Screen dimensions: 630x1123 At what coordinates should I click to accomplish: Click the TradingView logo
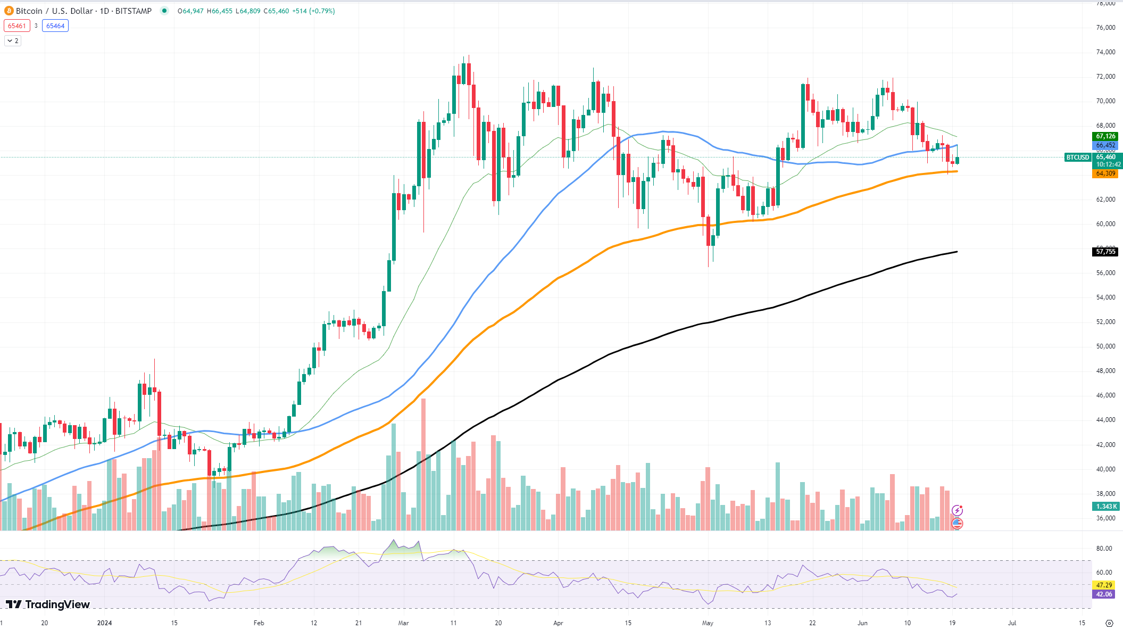(48, 604)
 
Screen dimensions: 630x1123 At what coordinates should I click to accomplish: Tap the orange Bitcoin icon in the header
(9, 11)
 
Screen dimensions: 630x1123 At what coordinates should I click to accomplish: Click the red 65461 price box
(17, 26)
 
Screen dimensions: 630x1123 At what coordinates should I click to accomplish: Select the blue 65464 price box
(55, 26)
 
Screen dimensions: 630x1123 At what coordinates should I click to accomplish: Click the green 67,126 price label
(1105, 136)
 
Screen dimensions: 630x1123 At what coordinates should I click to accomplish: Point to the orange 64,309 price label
(1105, 173)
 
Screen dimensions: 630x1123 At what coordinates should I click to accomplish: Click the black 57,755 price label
(1105, 252)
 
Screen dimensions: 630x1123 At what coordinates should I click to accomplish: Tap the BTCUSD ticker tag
(1077, 157)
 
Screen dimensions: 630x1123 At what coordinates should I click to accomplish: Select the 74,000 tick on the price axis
(1105, 52)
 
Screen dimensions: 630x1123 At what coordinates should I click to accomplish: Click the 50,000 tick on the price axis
(1105, 346)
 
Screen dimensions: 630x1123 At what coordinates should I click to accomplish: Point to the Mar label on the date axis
(404, 623)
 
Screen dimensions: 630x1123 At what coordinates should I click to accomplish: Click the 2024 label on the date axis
(105, 623)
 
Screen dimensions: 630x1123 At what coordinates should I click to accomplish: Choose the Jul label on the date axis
(1012, 623)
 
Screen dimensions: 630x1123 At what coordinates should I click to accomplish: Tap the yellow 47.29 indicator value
(1104, 585)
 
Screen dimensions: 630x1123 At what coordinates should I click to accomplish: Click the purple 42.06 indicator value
(1104, 594)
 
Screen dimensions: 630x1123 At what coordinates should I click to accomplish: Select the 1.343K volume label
(1105, 507)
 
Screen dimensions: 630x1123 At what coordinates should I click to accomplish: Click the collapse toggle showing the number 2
(13, 41)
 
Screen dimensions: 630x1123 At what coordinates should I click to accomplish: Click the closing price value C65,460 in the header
(276, 11)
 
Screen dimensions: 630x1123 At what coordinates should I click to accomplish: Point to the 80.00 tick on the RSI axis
(1104, 549)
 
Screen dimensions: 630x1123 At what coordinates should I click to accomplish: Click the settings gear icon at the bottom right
(1109, 623)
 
